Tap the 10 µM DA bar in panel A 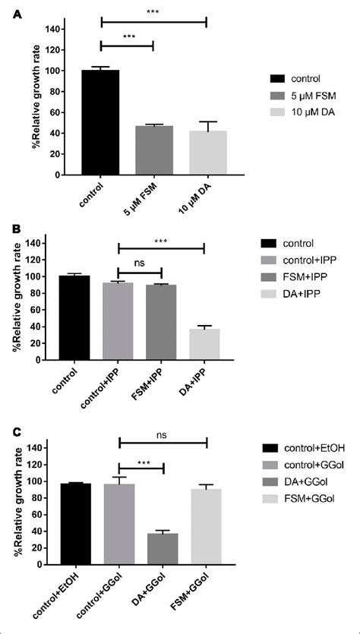[x=207, y=153]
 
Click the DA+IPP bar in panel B [x=205, y=345]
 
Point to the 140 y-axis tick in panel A [x=51, y=29]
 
